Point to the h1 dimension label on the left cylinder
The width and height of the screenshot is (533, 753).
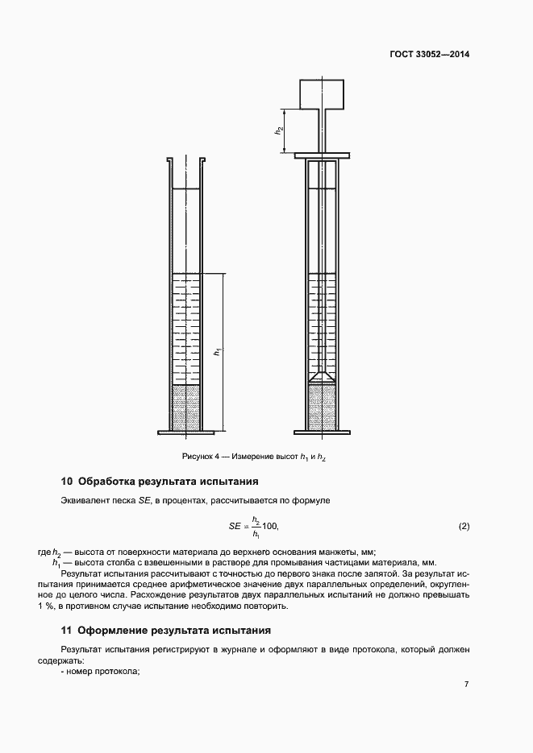click(215, 352)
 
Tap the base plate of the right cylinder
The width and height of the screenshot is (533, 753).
click(323, 434)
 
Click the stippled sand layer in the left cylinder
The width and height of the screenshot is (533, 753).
click(186, 407)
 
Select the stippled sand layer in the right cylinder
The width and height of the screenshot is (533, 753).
click(323, 407)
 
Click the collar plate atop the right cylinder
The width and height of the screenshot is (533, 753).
click(323, 155)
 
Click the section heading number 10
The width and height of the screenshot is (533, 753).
click(67, 482)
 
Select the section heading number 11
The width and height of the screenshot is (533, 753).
click(67, 630)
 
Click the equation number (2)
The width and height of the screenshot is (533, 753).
click(464, 527)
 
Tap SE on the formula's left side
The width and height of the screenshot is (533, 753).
click(235, 527)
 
